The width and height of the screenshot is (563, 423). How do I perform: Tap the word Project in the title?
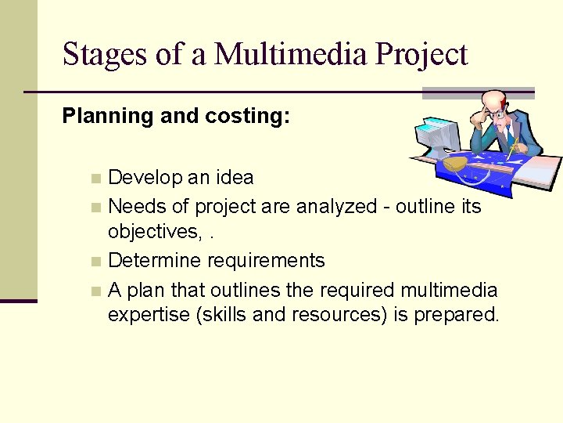point(421,55)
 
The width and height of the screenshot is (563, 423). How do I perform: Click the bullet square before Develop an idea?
point(95,179)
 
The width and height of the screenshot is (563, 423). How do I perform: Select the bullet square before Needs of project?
point(95,208)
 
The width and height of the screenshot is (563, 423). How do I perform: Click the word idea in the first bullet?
point(235,178)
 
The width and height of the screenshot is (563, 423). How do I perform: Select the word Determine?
point(152,261)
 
